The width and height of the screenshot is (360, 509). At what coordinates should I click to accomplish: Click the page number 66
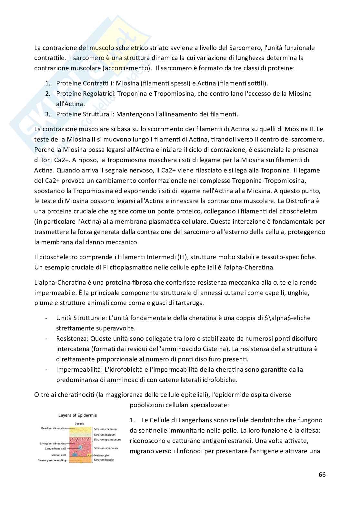tap(322, 475)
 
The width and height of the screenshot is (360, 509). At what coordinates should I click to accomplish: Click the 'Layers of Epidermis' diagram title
tap(77, 415)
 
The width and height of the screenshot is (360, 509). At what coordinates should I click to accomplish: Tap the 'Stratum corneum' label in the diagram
tap(105, 429)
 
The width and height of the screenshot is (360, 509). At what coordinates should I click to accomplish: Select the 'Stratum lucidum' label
tap(105, 435)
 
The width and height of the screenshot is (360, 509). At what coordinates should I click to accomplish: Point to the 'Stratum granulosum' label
tap(107, 439)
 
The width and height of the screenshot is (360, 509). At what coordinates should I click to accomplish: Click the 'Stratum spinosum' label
tap(106, 448)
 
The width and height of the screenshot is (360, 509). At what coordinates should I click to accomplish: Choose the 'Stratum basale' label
tap(104, 460)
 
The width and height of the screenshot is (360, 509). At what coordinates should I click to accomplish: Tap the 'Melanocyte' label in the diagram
tap(103, 455)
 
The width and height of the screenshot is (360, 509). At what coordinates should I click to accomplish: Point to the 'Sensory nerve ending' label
tap(52, 460)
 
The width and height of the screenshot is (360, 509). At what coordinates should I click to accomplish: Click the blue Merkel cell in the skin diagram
tap(75, 454)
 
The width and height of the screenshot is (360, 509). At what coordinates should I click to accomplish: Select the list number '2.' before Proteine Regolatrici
tap(47, 93)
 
